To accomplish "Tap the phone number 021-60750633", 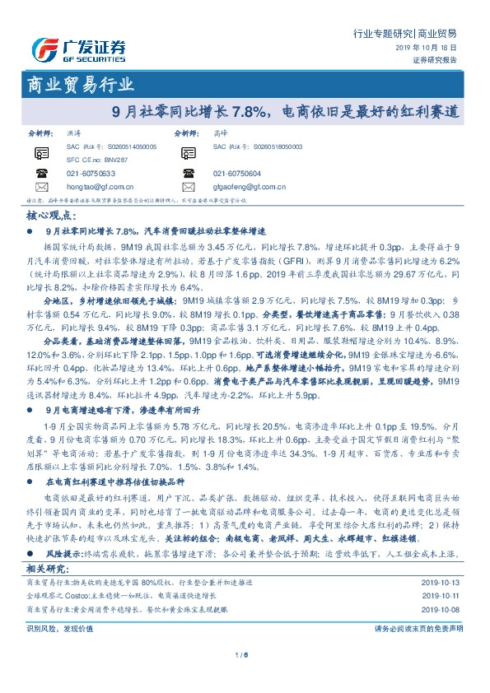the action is pyautogui.click(x=91, y=174).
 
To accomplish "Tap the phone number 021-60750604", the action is pyautogui.click(x=237, y=174).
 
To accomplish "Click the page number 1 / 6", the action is pyautogui.click(x=243, y=654).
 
